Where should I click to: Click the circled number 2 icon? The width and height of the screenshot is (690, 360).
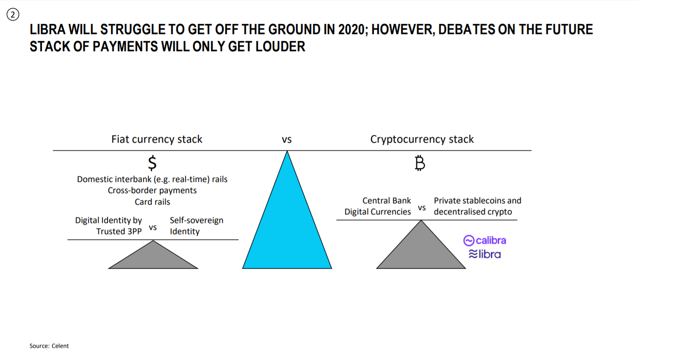pos(13,15)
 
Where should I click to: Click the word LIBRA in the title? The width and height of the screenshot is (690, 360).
pos(47,29)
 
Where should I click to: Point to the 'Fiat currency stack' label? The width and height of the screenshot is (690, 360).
pos(157,139)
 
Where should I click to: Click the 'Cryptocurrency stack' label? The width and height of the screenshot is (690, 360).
pos(422,139)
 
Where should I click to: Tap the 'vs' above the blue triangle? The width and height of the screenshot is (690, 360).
pos(287,140)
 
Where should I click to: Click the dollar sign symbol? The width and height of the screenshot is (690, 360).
pos(152,163)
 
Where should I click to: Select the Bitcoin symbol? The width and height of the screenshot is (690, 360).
pos(420,163)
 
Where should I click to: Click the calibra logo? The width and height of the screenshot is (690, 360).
pos(484,240)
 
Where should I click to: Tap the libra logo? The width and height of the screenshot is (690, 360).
pos(484,254)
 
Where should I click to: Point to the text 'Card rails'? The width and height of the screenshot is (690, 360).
pos(152,202)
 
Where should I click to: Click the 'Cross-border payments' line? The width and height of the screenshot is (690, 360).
pos(152,190)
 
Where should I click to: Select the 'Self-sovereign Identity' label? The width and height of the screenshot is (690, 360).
pos(197,226)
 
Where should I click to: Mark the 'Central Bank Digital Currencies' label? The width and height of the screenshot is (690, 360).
pos(378,206)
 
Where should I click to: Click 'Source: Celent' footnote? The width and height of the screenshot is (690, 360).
pos(49,346)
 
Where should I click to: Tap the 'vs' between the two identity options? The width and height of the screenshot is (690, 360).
pos(153,228)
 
